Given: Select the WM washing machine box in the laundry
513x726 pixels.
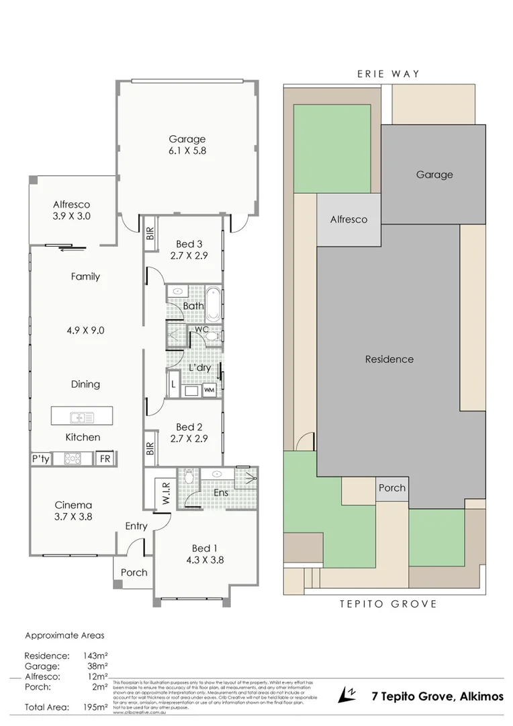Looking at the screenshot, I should click(209, 390).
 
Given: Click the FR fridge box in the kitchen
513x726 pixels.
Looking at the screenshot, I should click(105, 458).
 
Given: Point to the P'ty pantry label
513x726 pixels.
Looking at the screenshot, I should click(40, 458).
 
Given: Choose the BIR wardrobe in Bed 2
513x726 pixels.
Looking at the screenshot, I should click(150, 448).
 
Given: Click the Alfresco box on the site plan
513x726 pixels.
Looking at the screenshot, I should click(348, 219).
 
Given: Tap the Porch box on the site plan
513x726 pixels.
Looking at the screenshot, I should click(391, 487).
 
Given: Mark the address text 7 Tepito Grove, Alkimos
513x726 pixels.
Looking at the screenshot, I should click(437, 696).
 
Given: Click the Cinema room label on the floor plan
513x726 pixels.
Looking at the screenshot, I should click(73, 505).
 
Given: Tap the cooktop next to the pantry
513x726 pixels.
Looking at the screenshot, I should click(73, 458).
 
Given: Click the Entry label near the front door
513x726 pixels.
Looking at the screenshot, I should click(136, 526).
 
